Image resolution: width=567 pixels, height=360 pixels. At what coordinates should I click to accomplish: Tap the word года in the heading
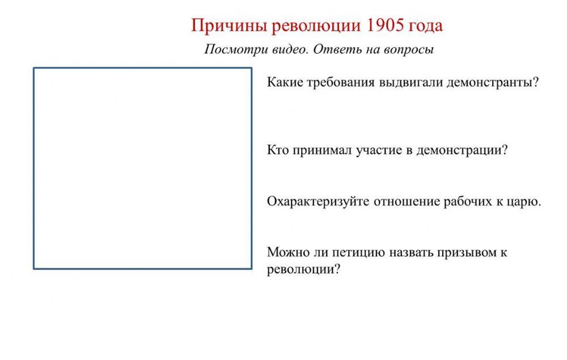tap(425, 26)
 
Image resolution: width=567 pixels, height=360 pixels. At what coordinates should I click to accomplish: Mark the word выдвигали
tap(411, 83)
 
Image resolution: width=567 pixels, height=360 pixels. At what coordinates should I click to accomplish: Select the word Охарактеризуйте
tap(318, 202)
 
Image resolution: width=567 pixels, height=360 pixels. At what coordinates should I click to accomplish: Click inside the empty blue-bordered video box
tap(142, 168)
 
